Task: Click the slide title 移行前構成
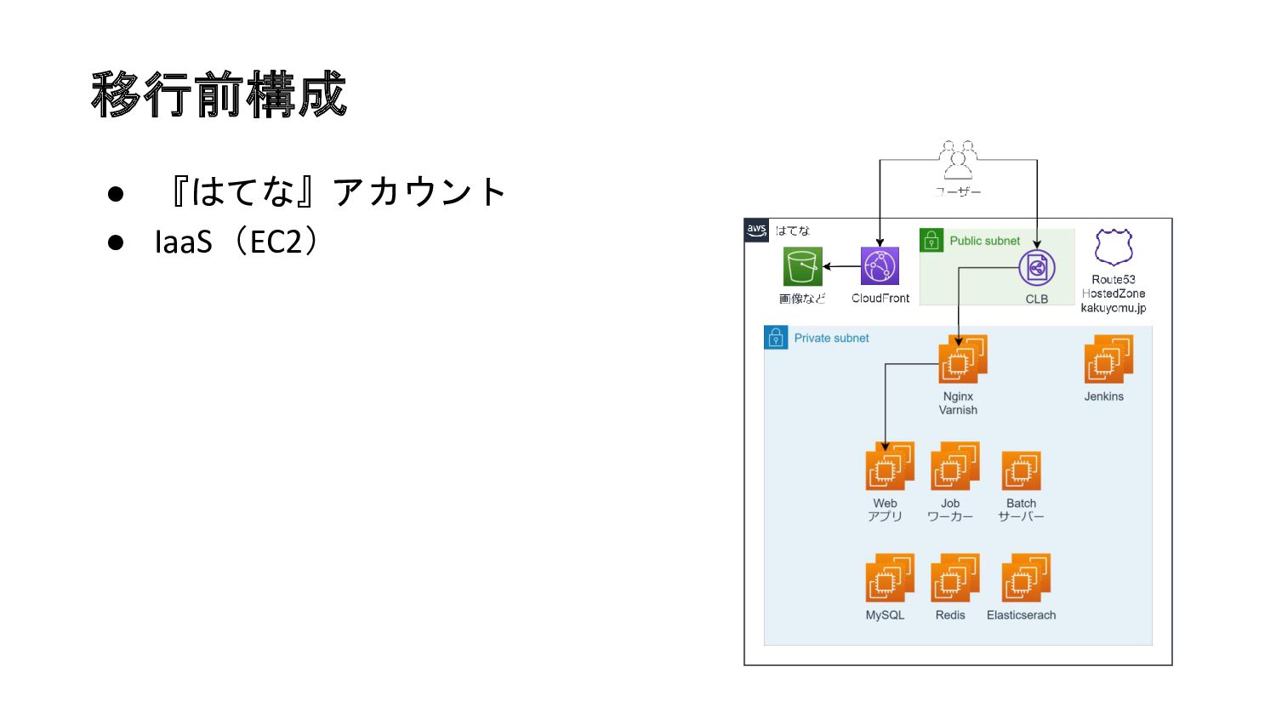pos(219,94)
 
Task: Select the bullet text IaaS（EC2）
pos(236,242)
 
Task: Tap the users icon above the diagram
pos(958,160)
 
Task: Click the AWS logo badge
pos(756,231)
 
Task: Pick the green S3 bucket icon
pos(803,266)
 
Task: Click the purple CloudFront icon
pos(880,266)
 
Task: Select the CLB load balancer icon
pos(1037,268)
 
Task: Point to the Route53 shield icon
pos(1114,247)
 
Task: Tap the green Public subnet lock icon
pos(932,240)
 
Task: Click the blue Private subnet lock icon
pos(776,338)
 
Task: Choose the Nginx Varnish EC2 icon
pos(963,359)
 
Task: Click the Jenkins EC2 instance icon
pos(1108,359)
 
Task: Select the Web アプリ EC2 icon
pos(890,466)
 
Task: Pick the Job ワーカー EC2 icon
pos(955,466)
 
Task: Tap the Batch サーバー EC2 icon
pos(1022,470)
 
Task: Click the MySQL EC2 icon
pos(890,578)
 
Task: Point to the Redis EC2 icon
pos(955,578)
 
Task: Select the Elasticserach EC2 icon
pos(1027,578)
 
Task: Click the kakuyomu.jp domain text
pos(1114,308)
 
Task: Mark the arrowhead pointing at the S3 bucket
pos(827,266)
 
